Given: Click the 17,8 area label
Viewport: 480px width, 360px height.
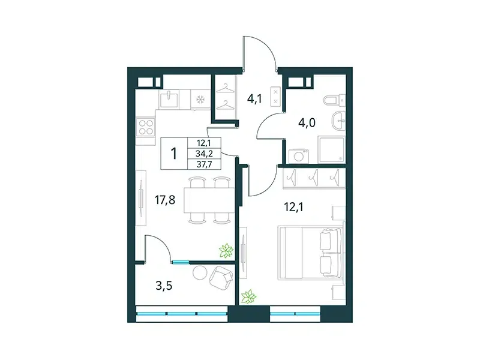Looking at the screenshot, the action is [x=165, y=200].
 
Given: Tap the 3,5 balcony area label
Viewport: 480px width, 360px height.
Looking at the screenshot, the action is [x=164, y=286].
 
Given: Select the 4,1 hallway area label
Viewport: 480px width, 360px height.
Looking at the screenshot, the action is [x=254, y=99].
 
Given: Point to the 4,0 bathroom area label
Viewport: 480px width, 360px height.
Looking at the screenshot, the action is [x=307, y=123].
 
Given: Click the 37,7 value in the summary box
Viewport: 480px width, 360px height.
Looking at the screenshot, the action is [x=205, y=164].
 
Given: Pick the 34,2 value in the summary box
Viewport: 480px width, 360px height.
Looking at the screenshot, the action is [x=205, y=154].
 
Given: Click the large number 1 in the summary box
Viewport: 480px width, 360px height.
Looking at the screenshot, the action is [x=174, y=154].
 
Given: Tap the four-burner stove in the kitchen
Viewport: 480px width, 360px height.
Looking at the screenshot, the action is [x=146, y=127].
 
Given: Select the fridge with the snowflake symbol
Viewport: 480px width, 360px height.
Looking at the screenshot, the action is [x=200, y=99].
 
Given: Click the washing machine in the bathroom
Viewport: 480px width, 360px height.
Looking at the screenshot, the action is [x=299, y=156].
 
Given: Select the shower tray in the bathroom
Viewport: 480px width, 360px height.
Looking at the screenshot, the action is [x=331, y=150].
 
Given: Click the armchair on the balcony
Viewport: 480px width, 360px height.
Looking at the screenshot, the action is [x=221, y=278].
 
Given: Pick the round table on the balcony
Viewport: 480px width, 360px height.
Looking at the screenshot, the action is [x=200, y=272].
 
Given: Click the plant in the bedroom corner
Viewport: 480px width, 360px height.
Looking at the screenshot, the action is [x=248, y=296].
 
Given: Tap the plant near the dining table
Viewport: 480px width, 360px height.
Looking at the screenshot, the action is [x=226, y=251].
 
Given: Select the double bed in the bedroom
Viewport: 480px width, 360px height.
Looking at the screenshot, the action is [x=310, y=253].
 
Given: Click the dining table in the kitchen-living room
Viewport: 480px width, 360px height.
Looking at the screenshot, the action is [x=209, y=200].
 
